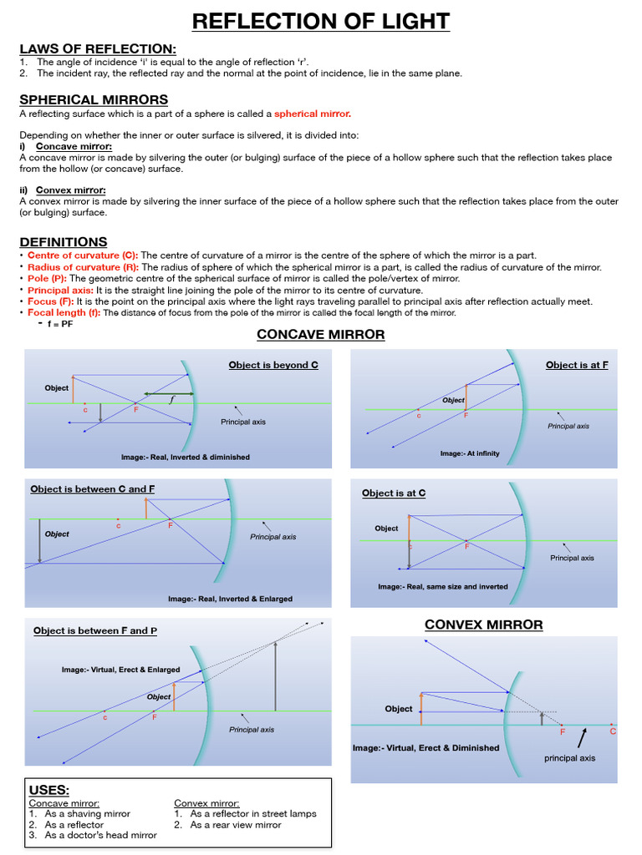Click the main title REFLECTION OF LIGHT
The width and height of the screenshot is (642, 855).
(321, 21)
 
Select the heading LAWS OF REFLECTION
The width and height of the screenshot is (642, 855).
(99, 48)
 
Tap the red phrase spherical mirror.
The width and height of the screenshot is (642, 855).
(313, 114)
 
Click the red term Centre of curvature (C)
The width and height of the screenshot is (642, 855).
(82, 255)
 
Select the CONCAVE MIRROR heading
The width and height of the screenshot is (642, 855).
(320, 335)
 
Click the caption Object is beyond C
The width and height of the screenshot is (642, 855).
(273, 365)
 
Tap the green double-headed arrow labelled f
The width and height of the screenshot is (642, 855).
(169, 393)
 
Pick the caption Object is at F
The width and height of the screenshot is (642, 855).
(577, 365)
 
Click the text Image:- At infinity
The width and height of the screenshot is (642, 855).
(470, 453)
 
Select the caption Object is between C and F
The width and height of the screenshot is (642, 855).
(92, 489)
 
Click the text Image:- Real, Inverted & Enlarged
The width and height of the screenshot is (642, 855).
(230, 599)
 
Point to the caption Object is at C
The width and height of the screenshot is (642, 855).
(394, 493)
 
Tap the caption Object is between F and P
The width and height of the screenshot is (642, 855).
(95, 630)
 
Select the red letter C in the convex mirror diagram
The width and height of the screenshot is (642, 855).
(613, 731)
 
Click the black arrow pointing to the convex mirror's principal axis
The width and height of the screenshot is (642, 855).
(583, 737)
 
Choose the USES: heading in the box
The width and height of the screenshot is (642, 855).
(49, 790)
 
